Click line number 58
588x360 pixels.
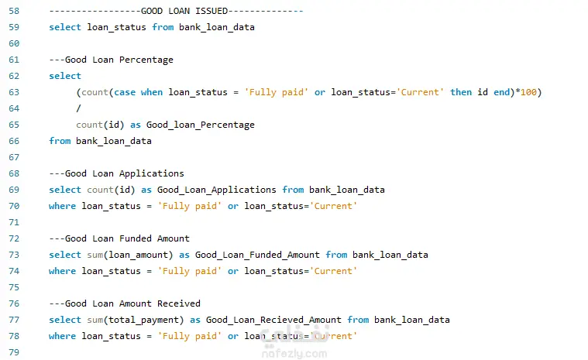coord(14,11)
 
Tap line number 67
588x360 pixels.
coord(14,157)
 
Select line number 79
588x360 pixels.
coord(14,352)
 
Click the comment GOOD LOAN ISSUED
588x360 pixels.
coord(184,11)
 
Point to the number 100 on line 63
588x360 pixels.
coord(528,92)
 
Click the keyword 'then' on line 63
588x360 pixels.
coord(461,92)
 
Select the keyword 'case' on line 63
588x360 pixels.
coord(125,92)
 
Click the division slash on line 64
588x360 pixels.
coord(78,108)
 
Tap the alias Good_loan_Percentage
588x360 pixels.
coord(200,125)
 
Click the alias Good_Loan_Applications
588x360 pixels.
coord(216,190)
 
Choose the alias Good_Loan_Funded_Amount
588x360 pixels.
coord(257,255)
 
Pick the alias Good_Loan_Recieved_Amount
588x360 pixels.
coord(273,320)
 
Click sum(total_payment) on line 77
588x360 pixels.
coord(136,320)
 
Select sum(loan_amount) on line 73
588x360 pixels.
coord(130,255)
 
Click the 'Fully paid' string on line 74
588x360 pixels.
coord(189,271)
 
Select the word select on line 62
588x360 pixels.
coord(65,76)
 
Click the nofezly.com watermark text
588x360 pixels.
coord(294,354)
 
